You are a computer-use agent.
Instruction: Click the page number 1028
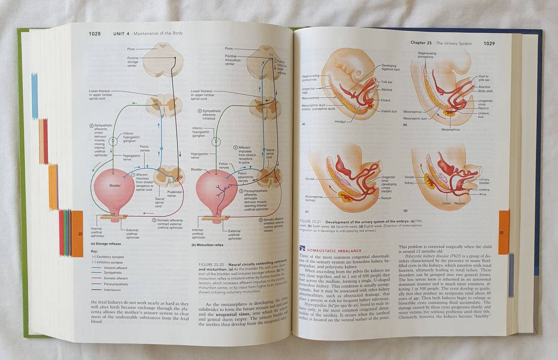tap(95, 34)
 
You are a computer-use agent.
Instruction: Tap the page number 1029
tap(489, 44)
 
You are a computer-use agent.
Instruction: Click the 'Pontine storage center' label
tap(132, 62)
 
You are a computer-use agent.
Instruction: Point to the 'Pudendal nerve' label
tap(171, 194)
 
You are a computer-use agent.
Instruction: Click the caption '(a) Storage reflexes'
tap(105, 244)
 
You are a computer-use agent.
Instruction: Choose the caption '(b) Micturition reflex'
tap(207, 245)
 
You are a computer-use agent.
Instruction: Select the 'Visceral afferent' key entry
tap(115, 268)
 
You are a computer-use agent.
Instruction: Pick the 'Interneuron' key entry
tap(112, 290)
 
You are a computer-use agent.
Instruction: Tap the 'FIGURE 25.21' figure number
tap(311, 222)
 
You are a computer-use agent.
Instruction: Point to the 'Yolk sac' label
tap(387, 82)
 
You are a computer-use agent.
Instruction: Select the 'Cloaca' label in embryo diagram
tap(385, 100)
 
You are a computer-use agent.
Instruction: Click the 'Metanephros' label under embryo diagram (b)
tap(451, 130)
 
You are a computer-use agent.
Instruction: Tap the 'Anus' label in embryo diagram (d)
tap(482, 194)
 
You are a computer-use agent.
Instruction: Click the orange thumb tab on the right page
tap(504, 232)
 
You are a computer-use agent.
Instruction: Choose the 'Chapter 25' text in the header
tap(421, 43)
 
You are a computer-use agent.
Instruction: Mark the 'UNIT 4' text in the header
tap(119, 34)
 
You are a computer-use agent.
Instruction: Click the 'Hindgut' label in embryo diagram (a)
tap(340, 122)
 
